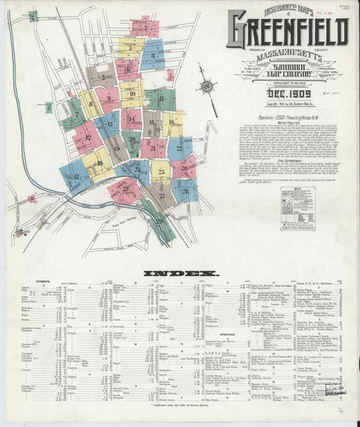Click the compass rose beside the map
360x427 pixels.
206,86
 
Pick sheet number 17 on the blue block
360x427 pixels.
76,176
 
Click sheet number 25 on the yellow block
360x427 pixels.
160,172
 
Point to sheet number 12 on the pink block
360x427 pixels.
87,138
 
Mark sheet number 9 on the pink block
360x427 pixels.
108,99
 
